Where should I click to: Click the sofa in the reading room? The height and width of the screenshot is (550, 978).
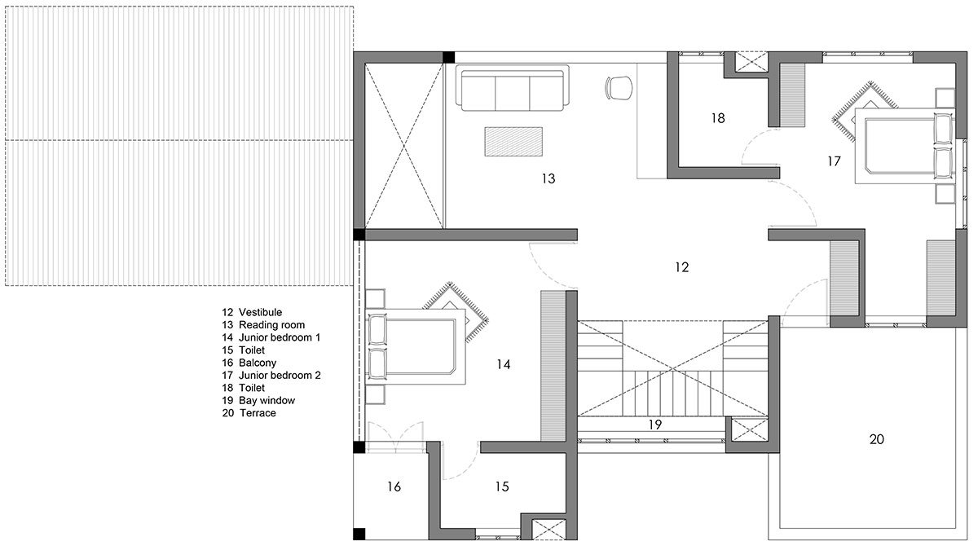pyautogui.click(x=511, y=90)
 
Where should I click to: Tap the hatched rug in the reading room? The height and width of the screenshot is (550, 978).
pyautogui.click(x=514, y=141)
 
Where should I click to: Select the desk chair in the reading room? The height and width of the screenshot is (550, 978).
pyautogui.click(x=619, y=86)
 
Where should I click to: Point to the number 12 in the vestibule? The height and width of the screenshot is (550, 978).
pyautogui.click(x=681, y=266)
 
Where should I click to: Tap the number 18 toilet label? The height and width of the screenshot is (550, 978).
pyautogui.click(x=717, y=118)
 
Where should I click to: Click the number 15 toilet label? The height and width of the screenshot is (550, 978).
pyautogui.click(x=501, y=486)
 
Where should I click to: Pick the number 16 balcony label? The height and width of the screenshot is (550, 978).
pyautogui.click(x=394, y=486)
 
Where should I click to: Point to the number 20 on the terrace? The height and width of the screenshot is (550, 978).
pyautogui.click(x=876, y=439)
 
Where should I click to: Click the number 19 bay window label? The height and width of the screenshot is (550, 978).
pyautogui.click(x=654, y=424)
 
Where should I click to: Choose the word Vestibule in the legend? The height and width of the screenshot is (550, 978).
pyautogui.click(x=260, y=312)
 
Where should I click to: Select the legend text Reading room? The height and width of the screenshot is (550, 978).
pyautogui.click(x=272, y=325)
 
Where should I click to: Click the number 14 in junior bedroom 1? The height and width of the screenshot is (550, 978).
pyautogui.click(x=503, y=365)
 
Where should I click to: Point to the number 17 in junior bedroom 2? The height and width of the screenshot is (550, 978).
pyautogui.click(x=833, y=161)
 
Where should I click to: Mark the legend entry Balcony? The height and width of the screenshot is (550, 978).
pyautogui.click(x=258, y=363)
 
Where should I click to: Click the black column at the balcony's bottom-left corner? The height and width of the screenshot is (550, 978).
pyautogui.click(x=359, y=535)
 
